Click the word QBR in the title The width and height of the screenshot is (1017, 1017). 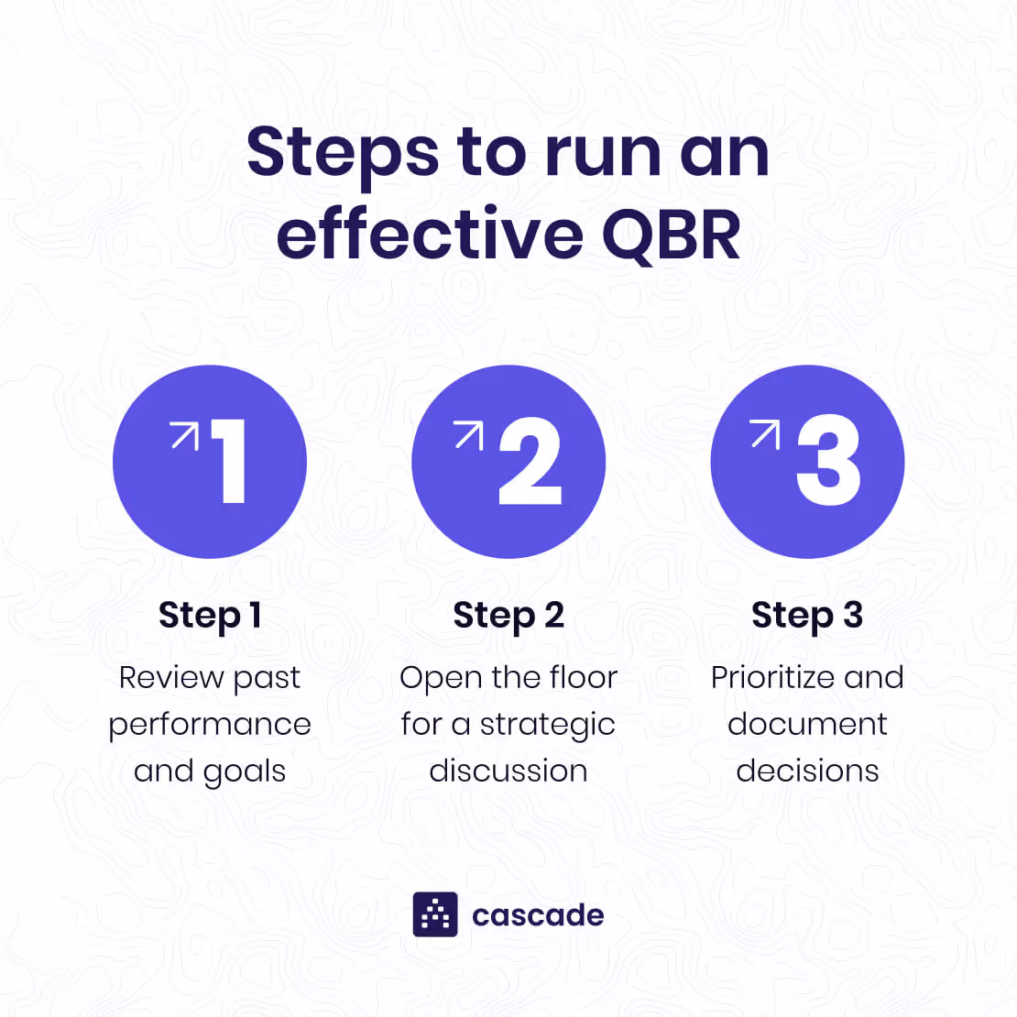(671, 235)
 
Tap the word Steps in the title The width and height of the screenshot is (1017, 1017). (343, 153)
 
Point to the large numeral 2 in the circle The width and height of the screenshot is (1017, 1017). (530, 461)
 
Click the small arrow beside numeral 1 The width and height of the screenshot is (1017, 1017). (184, 435)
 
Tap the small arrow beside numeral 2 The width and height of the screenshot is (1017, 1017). (469, 435)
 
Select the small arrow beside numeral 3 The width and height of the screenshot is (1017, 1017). (765, 433)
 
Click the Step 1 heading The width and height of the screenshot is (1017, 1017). (210, 615)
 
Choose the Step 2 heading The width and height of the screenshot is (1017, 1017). (508, 615)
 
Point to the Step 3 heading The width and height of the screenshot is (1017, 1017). (807, 615)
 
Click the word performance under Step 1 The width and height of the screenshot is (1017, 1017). (210, 725)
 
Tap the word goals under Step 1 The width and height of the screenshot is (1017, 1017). (245, 772)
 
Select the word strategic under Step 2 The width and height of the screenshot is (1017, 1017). (547, 725)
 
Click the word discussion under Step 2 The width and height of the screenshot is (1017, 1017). (508, 771)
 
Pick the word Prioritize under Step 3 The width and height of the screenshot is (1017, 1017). (772, 677)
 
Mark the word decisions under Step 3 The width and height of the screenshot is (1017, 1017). (807, 771)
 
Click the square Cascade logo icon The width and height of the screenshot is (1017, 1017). (435, 914)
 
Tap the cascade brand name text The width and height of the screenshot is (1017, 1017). (538, 915)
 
